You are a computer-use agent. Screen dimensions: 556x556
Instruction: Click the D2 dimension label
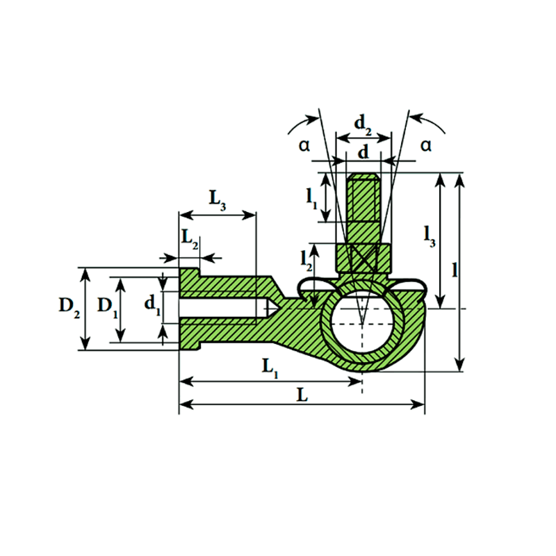69,307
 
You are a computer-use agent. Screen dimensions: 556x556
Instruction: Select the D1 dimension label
108,307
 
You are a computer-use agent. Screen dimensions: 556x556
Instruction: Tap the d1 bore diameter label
152,306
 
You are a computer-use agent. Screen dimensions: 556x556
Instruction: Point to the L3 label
217,200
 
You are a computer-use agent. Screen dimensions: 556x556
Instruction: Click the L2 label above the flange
190,239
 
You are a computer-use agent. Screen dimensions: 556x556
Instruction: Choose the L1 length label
270,368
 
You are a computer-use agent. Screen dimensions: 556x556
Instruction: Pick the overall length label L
302,395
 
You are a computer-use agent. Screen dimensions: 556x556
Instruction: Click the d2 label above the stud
363,125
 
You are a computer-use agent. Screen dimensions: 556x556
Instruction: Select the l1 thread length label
311,199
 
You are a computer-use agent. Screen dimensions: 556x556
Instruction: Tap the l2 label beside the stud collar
306,261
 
